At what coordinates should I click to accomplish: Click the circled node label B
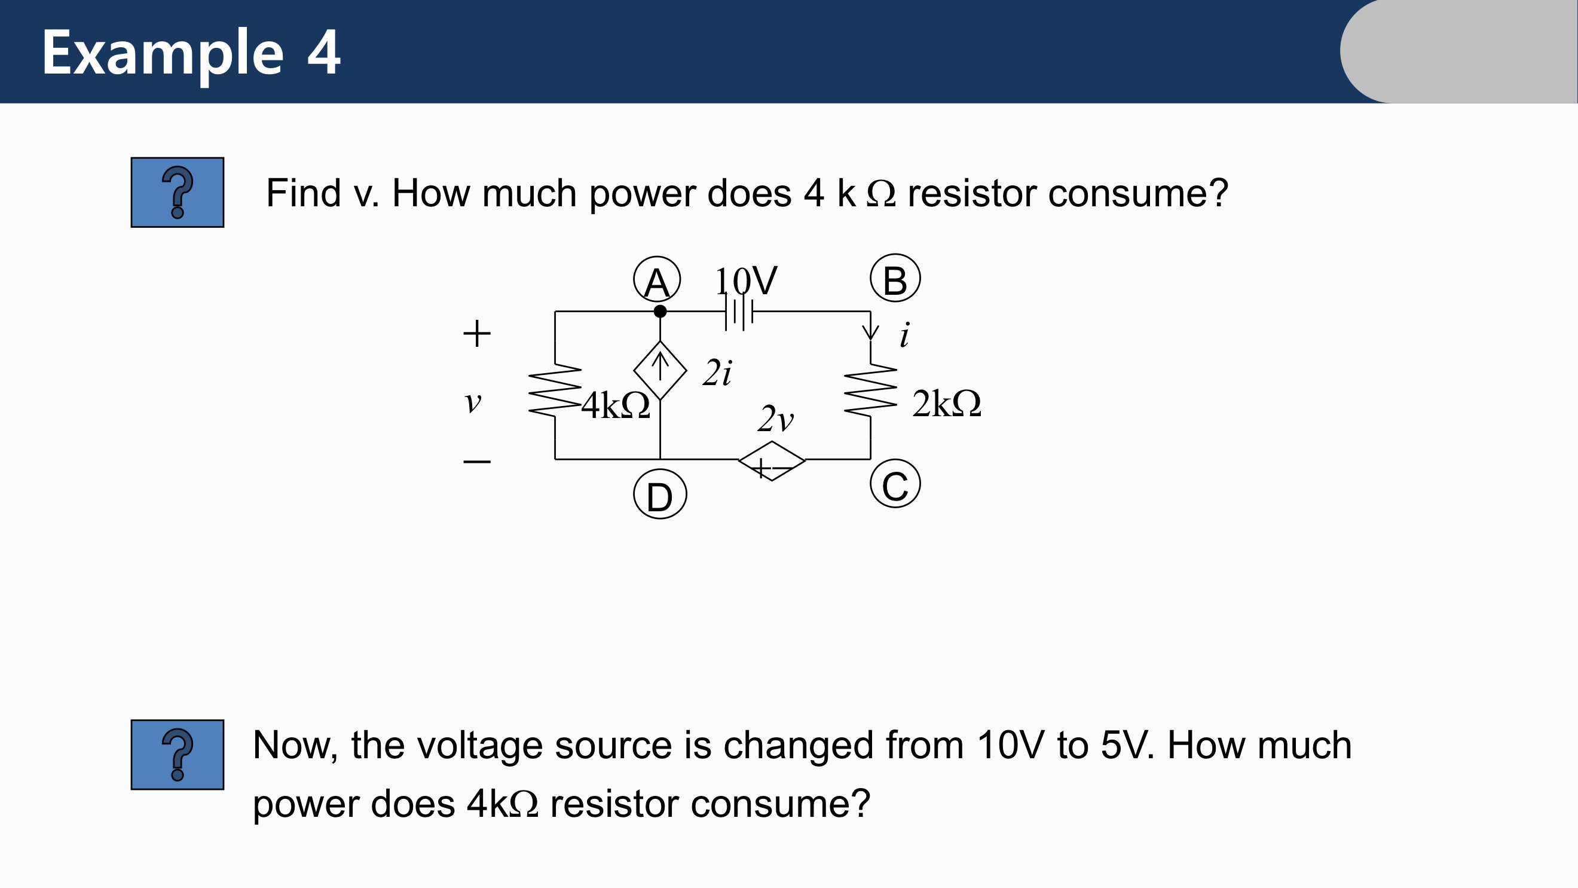(895, 278)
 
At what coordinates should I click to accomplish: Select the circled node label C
(895, 484)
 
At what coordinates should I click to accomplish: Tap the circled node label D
(660, 495)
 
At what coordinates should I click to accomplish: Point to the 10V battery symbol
(738, 313)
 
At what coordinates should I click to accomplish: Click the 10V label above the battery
(745, 280)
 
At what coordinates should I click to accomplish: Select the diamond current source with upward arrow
(660, 370)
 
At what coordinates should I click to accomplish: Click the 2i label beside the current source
(717, 373)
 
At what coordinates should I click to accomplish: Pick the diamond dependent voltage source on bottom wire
(772, 461)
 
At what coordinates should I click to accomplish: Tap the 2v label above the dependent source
(775, 419)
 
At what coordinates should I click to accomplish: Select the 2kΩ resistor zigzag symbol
(870, 390)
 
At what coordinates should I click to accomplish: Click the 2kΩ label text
(946, 404)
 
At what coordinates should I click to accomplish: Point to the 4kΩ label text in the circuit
(615, 405)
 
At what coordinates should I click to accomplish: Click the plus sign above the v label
(476, 334)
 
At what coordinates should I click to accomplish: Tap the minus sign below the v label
(476, 461)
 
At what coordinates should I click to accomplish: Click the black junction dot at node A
(660, 312)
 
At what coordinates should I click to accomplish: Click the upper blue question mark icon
(178, 193)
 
